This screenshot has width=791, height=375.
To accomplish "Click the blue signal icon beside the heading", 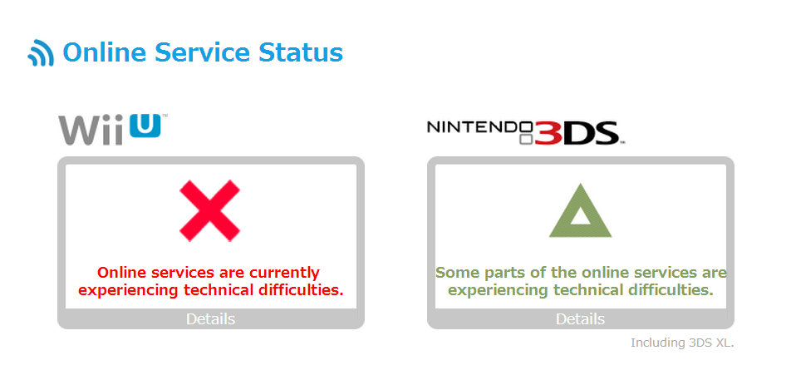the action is tap(41, 52).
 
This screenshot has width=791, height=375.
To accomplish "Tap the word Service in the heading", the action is tap(203, 52).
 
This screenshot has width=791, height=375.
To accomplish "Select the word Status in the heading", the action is tap(301, 52).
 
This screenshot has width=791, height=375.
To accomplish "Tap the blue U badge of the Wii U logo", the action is tap(145, 126).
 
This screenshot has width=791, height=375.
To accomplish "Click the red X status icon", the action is tap(209, 210).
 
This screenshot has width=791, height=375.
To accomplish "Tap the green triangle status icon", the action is tap(580, 211).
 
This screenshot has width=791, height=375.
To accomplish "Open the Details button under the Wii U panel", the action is tap(210, 319).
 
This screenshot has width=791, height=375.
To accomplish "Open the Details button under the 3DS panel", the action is tap(580, 319).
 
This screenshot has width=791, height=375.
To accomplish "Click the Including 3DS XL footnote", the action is tap(682, 343).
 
